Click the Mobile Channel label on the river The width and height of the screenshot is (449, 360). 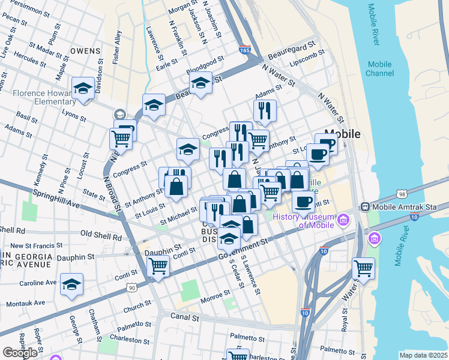(379, 69)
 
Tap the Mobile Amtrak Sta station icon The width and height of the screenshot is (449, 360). (364, 206)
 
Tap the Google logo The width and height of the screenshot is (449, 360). (20, 353)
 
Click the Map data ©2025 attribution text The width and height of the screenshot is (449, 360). (423, 355)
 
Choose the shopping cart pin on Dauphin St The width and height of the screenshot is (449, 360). (158, 265)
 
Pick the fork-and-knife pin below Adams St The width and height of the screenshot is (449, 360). (264, 110)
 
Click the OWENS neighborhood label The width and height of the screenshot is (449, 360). (85, 51)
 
